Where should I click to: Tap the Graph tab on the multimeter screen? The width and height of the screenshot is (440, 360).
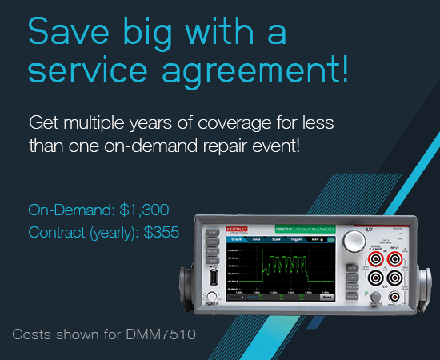[236, 239]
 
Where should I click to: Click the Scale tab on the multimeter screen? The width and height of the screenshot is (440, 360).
[276, 239]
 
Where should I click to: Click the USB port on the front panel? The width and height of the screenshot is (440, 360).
[214, 279]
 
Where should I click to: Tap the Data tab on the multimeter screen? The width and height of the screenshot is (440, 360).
[256, 239]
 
